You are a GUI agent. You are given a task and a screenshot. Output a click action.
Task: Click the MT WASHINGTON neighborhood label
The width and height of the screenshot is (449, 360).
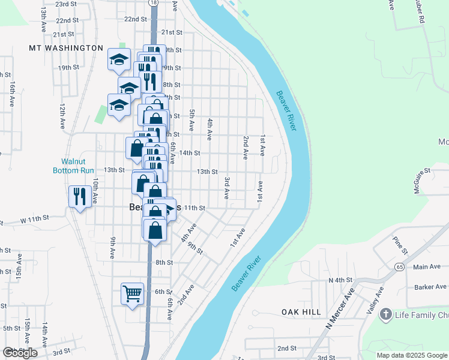tap(66, 47)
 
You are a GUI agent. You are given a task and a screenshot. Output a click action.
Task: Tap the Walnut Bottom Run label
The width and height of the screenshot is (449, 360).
tap(78, 166)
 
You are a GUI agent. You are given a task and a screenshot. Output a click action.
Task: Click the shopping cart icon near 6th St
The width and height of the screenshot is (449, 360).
tap(132, 294)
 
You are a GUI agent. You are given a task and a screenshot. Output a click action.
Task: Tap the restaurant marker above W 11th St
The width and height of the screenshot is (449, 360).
tap(80, 196)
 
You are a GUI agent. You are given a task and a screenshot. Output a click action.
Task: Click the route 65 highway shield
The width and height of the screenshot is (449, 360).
tap(399, 266)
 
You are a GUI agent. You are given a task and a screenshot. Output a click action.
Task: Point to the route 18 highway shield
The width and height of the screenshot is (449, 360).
tap(154, 3)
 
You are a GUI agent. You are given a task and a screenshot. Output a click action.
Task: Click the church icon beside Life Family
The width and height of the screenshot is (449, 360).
tap(385, 314)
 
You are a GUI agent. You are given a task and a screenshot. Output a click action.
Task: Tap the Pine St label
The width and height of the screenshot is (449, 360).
tap(399, 244)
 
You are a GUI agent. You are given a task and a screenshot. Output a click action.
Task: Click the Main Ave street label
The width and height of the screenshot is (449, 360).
tap(427, 267)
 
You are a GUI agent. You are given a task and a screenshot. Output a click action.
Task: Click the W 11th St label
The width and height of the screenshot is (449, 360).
tap(34, 220)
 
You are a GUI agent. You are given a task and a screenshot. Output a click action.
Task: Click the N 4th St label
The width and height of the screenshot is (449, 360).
tap(339, 280)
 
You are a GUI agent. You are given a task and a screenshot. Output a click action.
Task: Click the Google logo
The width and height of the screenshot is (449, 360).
tap(20, 353)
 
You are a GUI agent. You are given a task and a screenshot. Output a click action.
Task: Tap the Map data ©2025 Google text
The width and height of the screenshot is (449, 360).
tap(411, 355)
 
